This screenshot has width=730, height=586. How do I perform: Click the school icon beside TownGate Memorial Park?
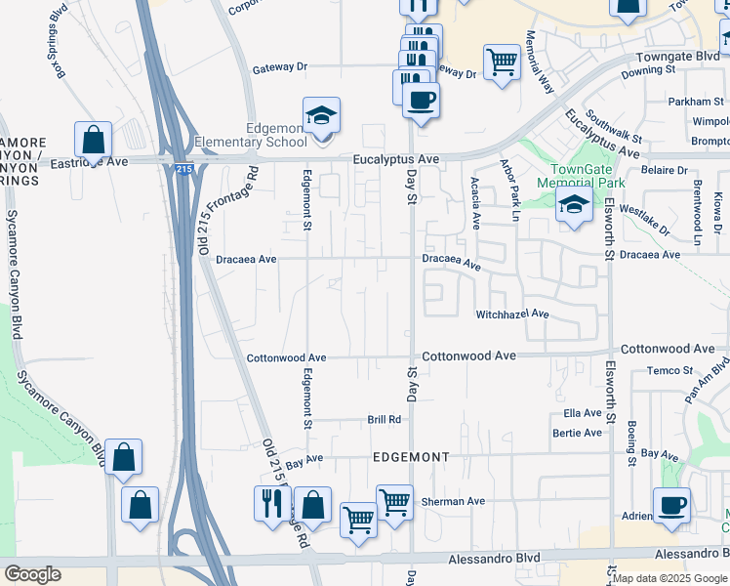click(575, 205)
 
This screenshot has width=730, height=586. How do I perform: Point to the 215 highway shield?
click(185, 170)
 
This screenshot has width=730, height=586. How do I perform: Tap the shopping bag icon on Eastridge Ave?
click(94, 140)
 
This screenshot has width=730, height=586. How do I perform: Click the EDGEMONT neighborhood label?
click(411, 457)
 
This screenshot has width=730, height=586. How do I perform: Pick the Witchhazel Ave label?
click(512, 314)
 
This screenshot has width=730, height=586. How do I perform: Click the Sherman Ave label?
click(453, 501)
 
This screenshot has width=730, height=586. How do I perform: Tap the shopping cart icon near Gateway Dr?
click(502, 63)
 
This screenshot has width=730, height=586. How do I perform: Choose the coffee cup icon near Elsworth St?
click(672, 506)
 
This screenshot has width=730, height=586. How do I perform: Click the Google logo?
click(32, 574)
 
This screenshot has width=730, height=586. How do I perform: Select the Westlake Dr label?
click(644, 221)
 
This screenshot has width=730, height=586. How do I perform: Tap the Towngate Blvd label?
click(677, 58)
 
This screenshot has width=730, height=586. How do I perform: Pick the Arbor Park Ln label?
click(509, 183)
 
